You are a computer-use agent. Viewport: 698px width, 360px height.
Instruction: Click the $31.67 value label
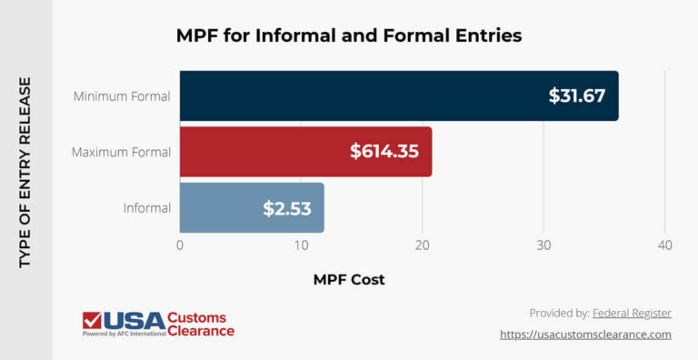pyautogui.click(x=576, y=95)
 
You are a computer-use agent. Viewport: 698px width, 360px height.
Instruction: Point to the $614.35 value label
pyautogui.click(x=384, y=152)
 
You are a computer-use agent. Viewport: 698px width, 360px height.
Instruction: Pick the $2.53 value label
pyautogui.click(x=287, y=208)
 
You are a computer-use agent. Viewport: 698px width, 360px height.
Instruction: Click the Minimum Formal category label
pyautogui.click(x=123, y=95)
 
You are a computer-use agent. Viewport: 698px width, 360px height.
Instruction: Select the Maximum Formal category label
pyautogui.click(x=121, y=152)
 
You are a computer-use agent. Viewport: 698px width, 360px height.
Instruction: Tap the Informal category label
pyautogui.click(x=146, y=208)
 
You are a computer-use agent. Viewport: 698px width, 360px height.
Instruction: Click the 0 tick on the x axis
pyautogui.click(x=180, y=245)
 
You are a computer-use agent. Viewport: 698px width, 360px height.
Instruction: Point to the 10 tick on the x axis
pyautogui.click(x=301, y=245)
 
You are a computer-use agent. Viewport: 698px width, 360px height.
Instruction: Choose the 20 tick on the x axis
pyautogui.click(x=422, y=245)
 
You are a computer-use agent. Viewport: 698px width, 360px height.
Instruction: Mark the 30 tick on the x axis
pyautogui.click(x=543, y=245)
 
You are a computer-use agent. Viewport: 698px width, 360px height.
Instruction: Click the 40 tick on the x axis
pyautogui.click(x=664, y=245)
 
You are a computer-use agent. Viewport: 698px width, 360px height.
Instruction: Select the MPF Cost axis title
pyautogui.click(x=349, y=280)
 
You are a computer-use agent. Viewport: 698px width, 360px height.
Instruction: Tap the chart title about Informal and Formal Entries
pyautogui.click(x=348, y=37)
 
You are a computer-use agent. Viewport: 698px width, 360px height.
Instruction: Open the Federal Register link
pyautogui.click(x=632, y=313)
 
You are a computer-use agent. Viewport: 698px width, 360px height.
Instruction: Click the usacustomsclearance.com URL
pyautogui.click(x=585, y=335)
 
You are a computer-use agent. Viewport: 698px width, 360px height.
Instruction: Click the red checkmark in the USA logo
pyautogui.click(x=92, y=321)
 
